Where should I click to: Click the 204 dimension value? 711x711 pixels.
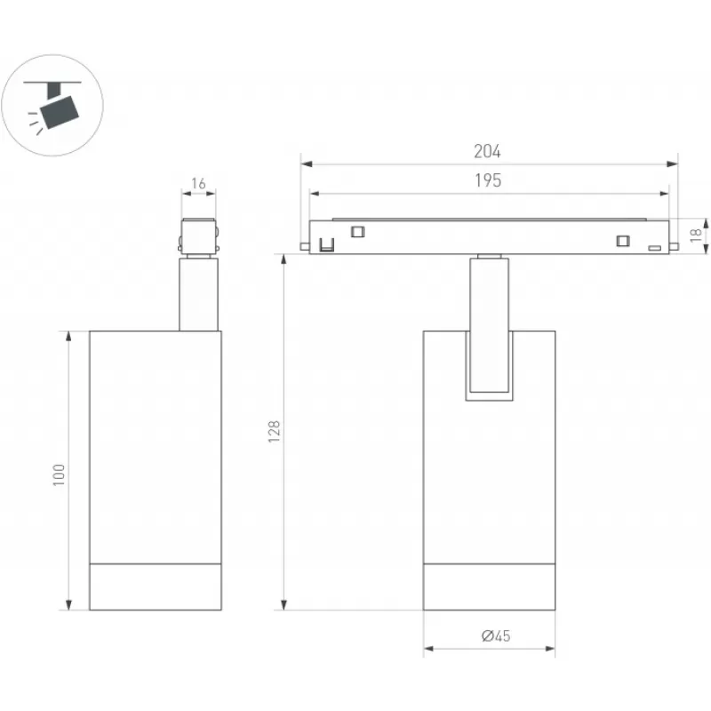487,151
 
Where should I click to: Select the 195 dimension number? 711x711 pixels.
488,180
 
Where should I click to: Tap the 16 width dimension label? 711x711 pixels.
198,184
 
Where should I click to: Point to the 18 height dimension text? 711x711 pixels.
696,235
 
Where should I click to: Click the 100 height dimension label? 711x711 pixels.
59,475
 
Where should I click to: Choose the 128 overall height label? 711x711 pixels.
274,432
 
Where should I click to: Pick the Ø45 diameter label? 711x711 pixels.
496,635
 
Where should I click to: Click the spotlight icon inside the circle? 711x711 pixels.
53,108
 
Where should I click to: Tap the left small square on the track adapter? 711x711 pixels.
357,232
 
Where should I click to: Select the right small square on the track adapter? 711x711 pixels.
623,241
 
